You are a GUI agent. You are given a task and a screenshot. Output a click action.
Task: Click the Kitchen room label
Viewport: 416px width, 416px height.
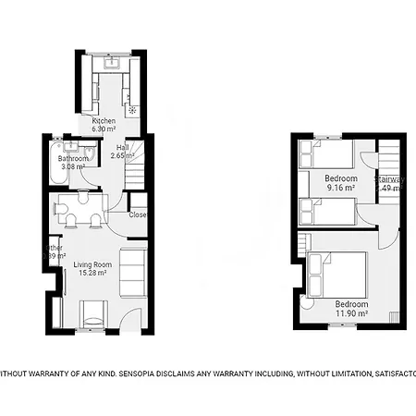(x=104, y=121)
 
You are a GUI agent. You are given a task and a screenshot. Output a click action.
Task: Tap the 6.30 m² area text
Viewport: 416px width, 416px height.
(x=104, y=129)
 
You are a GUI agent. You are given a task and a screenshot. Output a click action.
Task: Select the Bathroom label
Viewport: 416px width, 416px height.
(x=74, y=158)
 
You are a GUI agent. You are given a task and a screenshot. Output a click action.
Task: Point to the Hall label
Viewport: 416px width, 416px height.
(x=122, y=147)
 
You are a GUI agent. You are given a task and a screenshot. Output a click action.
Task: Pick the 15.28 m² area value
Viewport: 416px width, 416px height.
(x=92, y=274)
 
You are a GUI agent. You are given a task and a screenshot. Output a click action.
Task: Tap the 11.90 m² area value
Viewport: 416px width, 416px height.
(x=351, y=312)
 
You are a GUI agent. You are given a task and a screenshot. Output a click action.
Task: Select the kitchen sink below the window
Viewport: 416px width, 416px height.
(x=113, y=66)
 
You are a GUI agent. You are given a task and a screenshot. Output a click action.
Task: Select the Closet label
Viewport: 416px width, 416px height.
(x=139, y=214)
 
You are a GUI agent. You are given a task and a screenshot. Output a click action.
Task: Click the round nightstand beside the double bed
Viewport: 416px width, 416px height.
(x=308, y=303)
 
